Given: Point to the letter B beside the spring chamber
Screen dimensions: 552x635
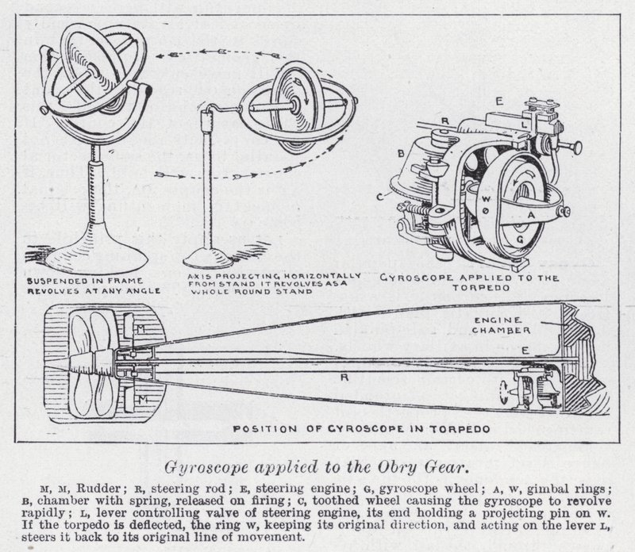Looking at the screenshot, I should click(401, 151).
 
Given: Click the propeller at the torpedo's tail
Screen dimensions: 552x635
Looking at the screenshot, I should click(89, 362).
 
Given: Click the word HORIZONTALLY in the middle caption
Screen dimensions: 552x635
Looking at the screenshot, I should click(311, 275).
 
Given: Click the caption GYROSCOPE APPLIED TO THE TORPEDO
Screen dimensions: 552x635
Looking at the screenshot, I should click(470, 283).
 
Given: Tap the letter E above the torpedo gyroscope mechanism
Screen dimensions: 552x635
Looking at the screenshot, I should click(499, 102).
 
